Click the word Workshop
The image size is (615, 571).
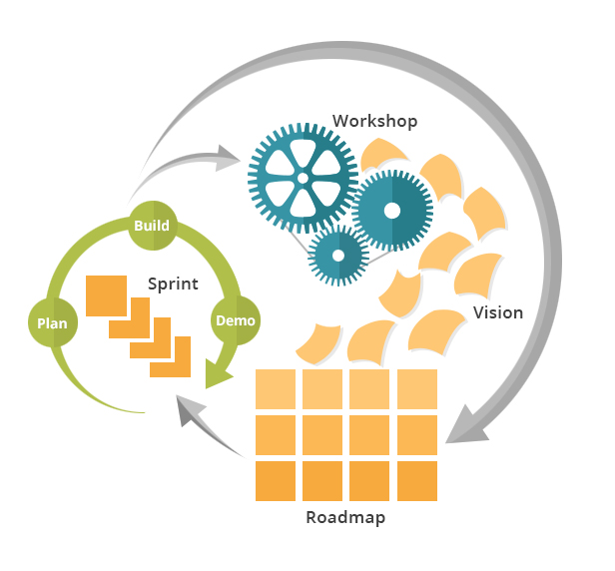click(374, 121)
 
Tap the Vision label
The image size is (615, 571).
click(497, 312)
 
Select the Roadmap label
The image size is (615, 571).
click(344, 518)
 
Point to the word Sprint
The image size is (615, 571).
click(173, 284)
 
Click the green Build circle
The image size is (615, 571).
click(152, 226)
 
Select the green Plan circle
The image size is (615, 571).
click(52, 322)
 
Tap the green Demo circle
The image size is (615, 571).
click(236, 320)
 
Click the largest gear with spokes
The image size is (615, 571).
click(302, 178)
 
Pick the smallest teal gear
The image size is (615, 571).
click(337, 253)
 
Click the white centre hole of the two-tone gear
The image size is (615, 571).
click(391, 210)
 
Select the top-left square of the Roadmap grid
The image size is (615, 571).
click(276, 389)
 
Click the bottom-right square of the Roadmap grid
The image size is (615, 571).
click(416, 481)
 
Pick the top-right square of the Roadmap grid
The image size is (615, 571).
click(416, 389)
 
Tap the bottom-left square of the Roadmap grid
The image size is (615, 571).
click(276, 481)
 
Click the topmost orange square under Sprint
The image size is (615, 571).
click(105, 294)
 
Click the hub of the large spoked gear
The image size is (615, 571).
click(302, 178)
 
